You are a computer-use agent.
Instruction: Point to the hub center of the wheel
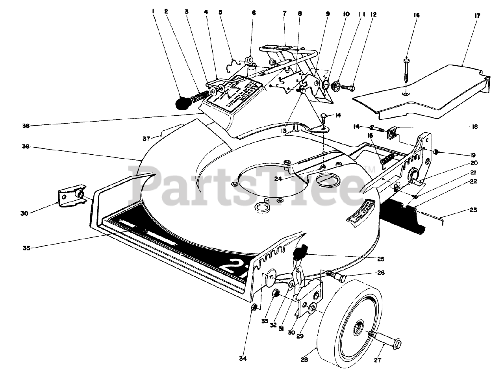click(x=359, y=325)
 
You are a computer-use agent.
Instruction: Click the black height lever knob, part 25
click(x=300, y=251)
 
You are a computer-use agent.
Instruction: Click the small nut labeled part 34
click(x=254, y=307)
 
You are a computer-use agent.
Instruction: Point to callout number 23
click(x=473, y=210)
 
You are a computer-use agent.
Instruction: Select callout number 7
click(x=284, y=13)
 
